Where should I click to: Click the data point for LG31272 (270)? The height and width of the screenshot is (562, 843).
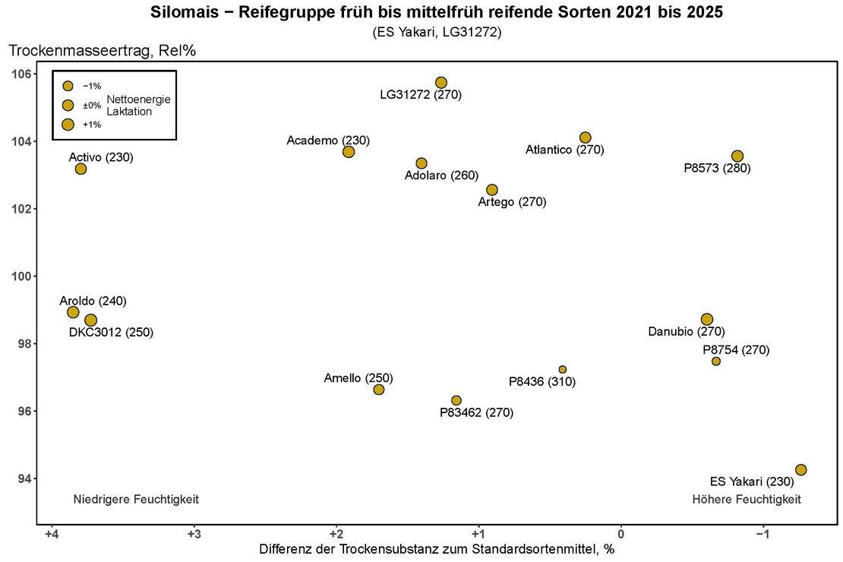[441, 82]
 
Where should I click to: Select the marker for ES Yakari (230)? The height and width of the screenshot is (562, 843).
[800, 469]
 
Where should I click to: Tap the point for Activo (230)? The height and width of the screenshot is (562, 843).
[81, 169]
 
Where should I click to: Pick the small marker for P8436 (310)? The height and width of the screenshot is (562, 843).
[563, 369]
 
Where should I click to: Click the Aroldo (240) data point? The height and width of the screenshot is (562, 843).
[73, 312]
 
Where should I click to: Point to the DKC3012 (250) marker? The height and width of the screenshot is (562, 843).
[90, 320]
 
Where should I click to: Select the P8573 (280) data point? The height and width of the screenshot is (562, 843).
[737, 156]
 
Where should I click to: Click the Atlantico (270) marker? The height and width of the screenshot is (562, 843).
[586, 137]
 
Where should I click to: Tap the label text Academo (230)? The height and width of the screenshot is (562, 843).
[328, 140]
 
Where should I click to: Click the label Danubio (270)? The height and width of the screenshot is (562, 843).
[687, 331]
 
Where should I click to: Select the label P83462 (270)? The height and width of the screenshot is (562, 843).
[477, 412]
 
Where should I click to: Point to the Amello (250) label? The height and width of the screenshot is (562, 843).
[358, 377]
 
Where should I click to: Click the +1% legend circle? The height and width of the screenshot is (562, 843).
[68, 125]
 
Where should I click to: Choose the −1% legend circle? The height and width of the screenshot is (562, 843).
[68, 86]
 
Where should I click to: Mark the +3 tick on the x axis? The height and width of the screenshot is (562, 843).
[194, 533]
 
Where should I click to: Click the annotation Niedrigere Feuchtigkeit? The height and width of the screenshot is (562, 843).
[136, 499]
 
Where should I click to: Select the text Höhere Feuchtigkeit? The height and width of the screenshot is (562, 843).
[747, 499]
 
